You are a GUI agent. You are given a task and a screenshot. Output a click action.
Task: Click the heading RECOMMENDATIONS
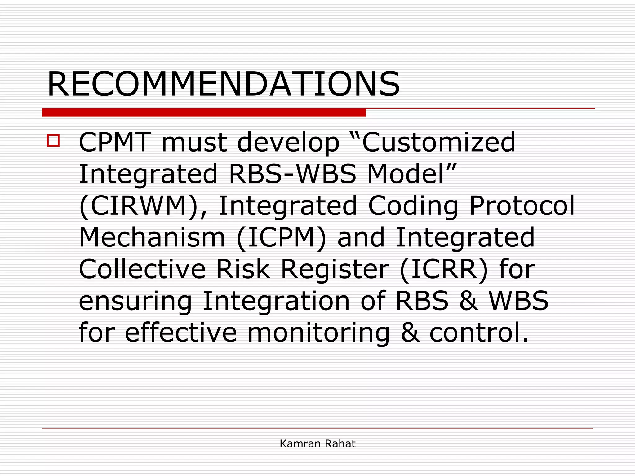click(x=223, y=84)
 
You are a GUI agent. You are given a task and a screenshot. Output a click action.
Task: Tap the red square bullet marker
click(x=53, y=140)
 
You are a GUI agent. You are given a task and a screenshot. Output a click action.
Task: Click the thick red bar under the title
click(x=204, y=112)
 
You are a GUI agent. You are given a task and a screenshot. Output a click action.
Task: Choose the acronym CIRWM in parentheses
click(x=140, y=206)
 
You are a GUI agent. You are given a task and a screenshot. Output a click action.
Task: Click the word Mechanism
click(x=152, y=238)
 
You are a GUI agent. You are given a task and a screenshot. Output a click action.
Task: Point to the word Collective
click(x=142, y=269)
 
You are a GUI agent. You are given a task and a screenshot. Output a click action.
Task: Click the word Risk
click(x=243, y=269)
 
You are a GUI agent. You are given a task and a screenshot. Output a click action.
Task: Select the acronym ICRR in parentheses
click(x=444, y=269)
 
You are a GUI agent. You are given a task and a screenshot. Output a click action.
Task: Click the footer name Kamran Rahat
click(x=317, y=444)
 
